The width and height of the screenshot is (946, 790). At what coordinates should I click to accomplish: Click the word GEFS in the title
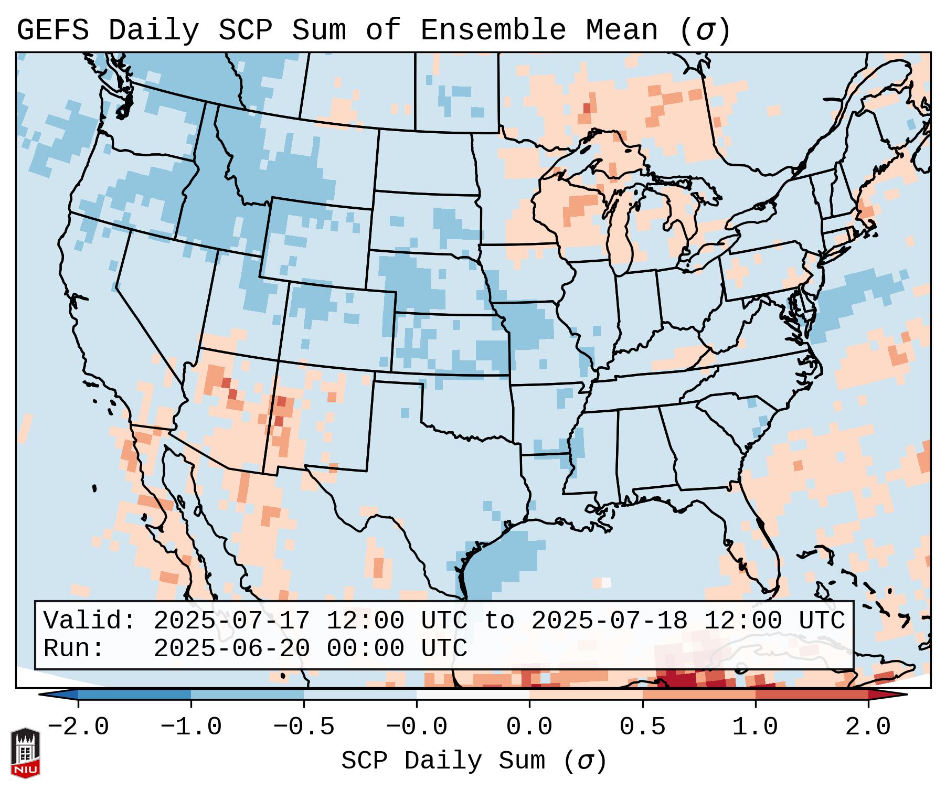coord(52,30)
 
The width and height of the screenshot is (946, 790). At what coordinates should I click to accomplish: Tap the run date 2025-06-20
coord(231,648)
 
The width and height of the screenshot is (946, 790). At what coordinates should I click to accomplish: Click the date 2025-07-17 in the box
coord(231,621)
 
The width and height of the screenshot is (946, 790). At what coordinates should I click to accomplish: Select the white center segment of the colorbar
coord(473,695)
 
